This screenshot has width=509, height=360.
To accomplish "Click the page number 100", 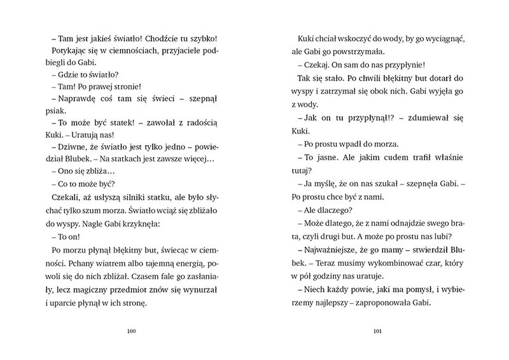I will point(132,331).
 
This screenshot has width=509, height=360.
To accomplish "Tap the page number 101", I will point(377,331).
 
